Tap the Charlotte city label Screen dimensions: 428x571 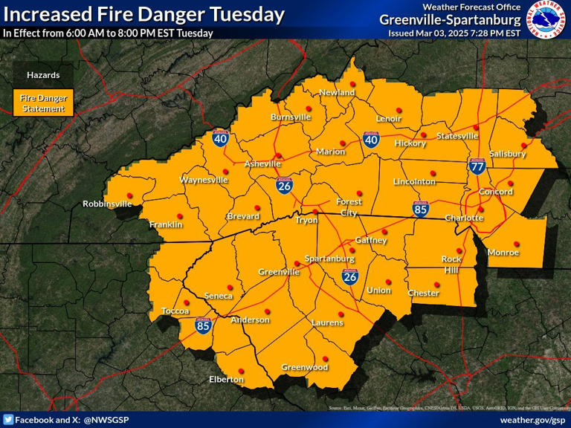464,218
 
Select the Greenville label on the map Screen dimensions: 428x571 279,272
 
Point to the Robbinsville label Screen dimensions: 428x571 107,204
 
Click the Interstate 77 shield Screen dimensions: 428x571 477,165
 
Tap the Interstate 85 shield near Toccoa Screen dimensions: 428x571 203,325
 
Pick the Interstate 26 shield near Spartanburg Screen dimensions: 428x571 349,277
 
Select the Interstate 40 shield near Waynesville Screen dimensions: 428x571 221,137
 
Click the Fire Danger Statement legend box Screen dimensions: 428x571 42,103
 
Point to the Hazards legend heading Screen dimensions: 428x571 43,75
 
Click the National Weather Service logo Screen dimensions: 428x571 546,19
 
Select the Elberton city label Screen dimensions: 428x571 226,380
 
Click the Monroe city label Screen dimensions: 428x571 503,253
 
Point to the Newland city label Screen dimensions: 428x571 337,92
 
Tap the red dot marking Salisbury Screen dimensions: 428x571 524,145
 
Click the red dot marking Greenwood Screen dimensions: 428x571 325,358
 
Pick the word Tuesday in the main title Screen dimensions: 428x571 248,14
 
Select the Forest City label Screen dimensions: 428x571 349,207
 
